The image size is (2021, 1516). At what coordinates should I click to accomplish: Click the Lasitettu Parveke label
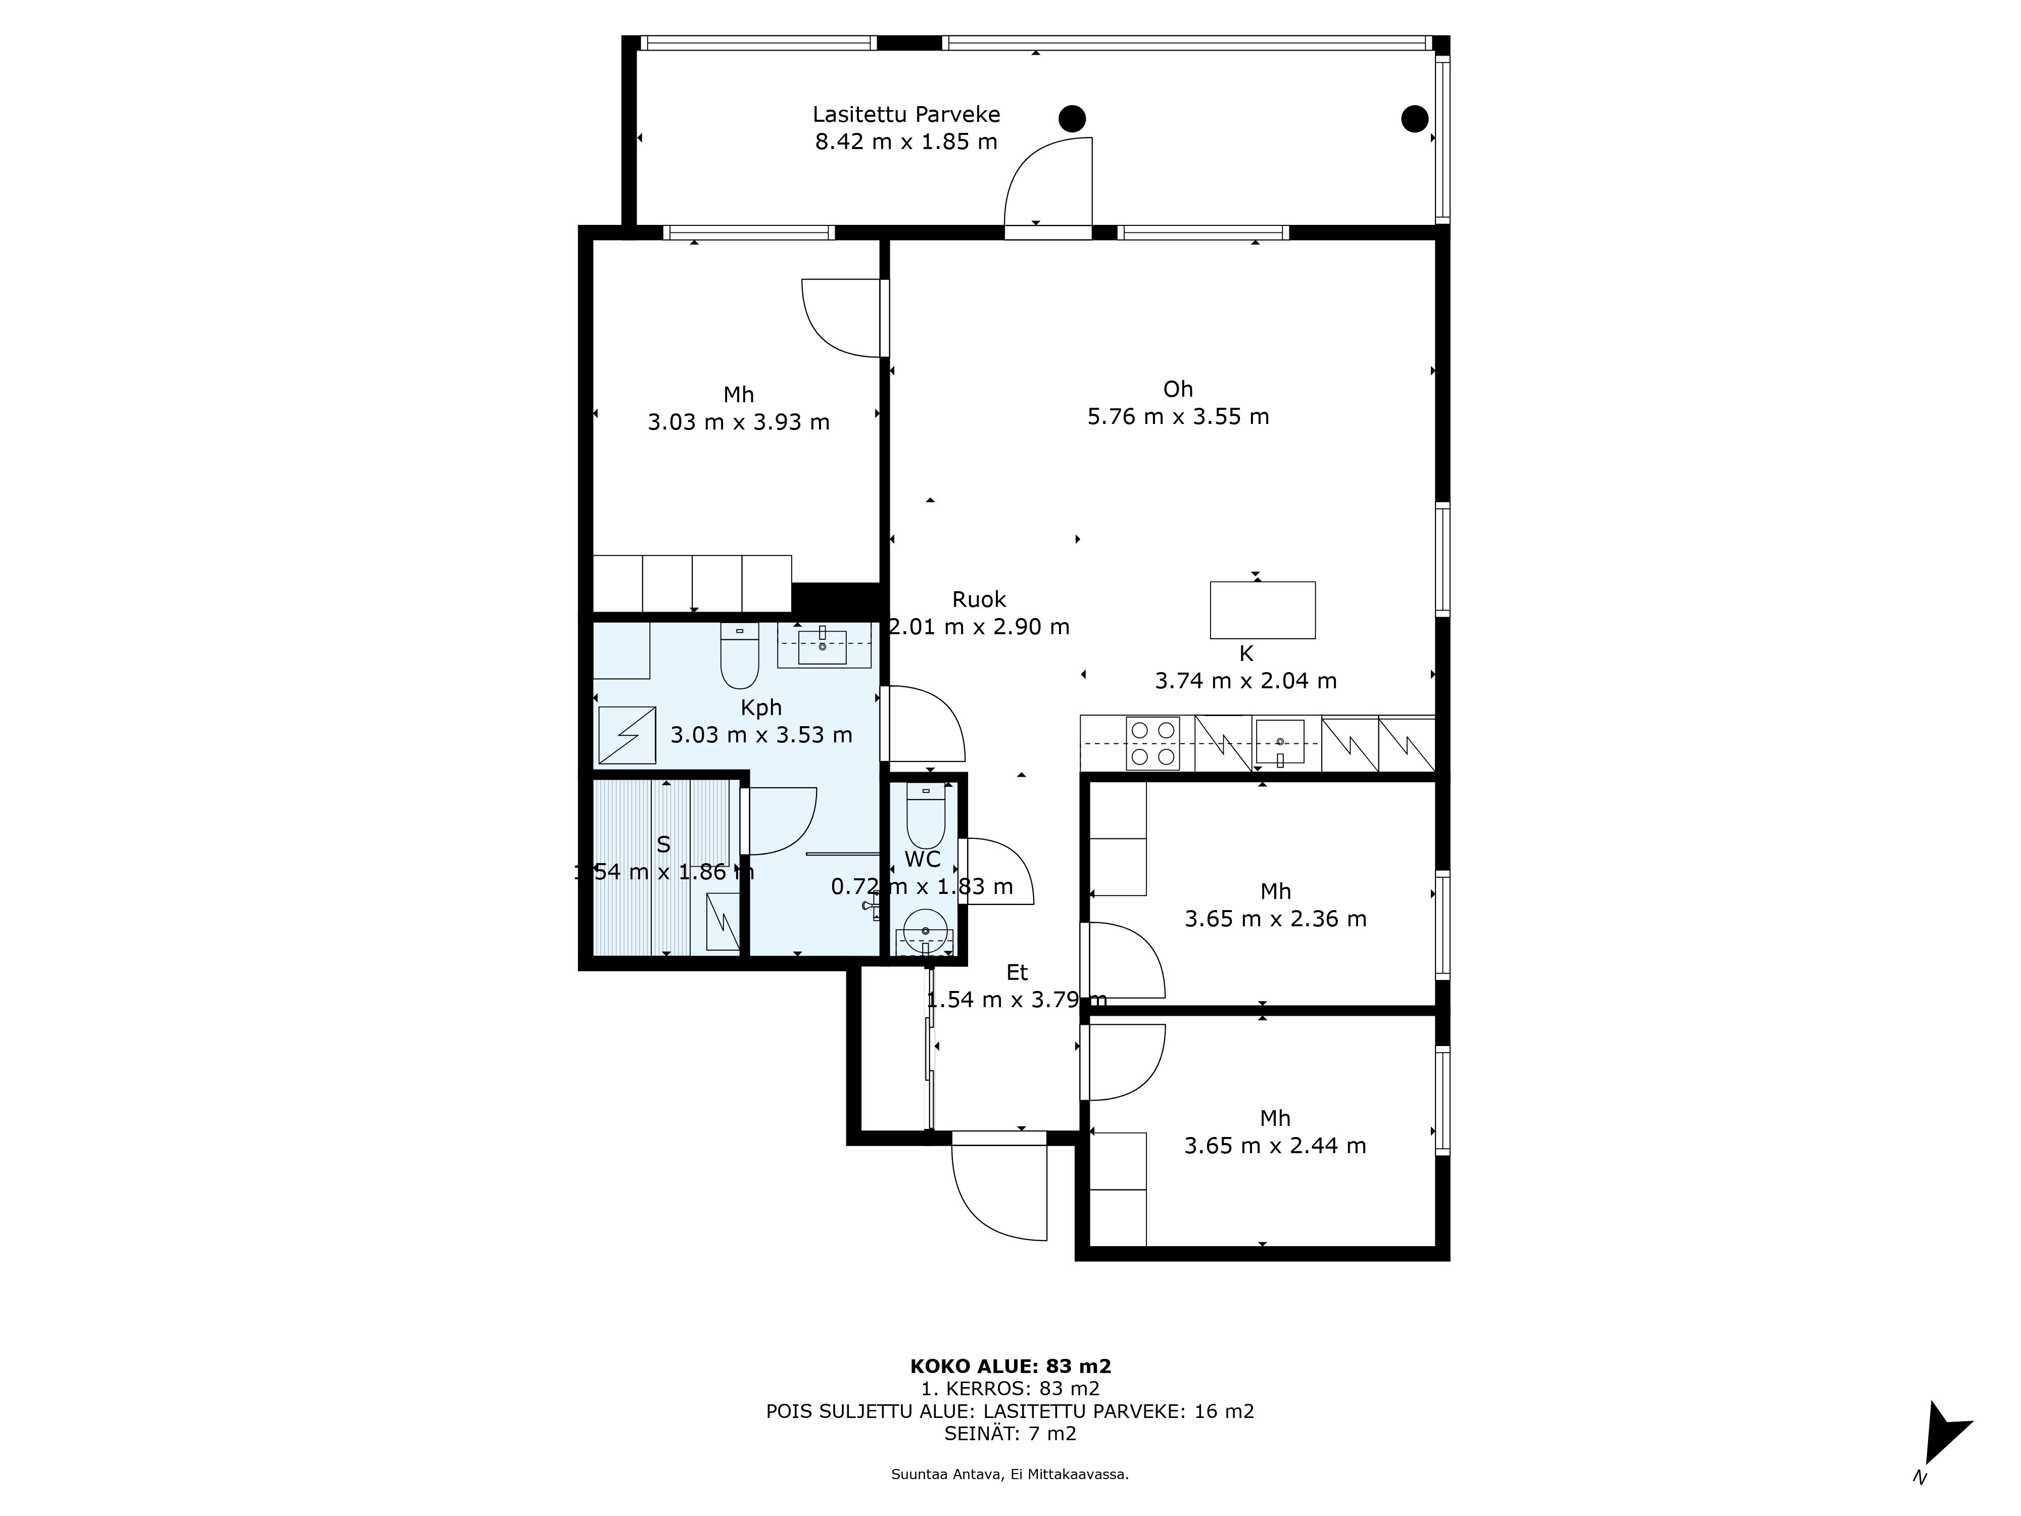(x=906, y=115)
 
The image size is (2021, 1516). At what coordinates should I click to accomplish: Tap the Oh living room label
(x=1178, y=389)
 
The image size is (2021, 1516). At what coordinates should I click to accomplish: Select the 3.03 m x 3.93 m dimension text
(x=738, y=422)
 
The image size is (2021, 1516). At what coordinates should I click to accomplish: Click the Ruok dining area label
(x=979, y=599)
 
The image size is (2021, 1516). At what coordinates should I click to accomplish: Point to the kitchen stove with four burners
(x=1153, y=743)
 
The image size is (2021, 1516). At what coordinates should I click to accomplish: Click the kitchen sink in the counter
(x=1279, y=742)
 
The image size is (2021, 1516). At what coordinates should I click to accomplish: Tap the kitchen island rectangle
(x=1263, y=609)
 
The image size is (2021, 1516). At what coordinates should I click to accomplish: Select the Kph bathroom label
(x=761, y=707)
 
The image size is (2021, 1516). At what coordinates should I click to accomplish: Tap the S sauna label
(x=663, y=844)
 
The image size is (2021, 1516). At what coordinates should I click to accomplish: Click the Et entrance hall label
(x=1017, y=972)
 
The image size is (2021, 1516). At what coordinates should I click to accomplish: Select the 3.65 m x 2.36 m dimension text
(x=1275, y=918)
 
